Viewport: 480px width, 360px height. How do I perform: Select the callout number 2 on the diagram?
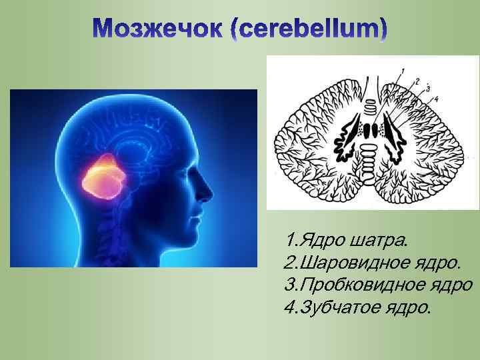(416, 81)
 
